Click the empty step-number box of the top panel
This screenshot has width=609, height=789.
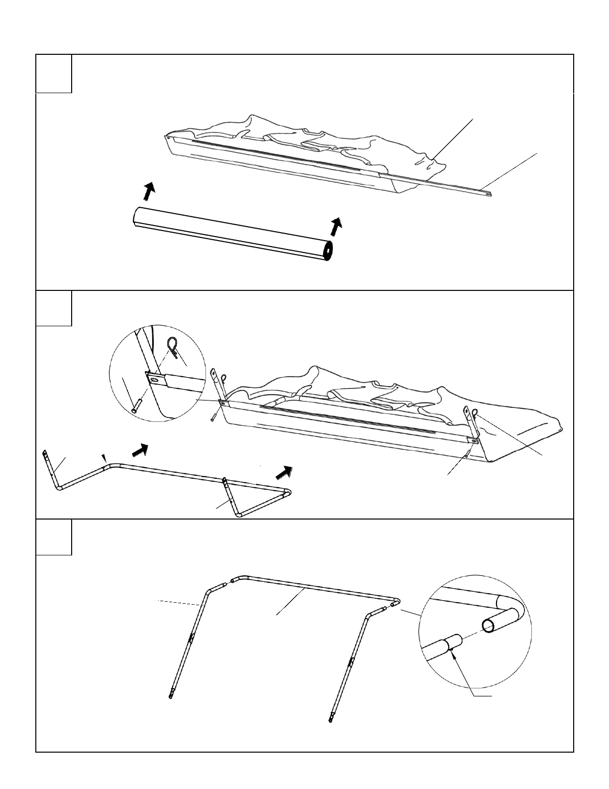click(54, 74)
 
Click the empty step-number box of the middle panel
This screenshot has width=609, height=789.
click(54, 308)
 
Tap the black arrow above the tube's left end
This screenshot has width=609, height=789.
click(148, 191)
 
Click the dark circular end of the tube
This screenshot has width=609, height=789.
click(328, 253)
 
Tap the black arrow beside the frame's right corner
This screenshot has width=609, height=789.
click(285, 471)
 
